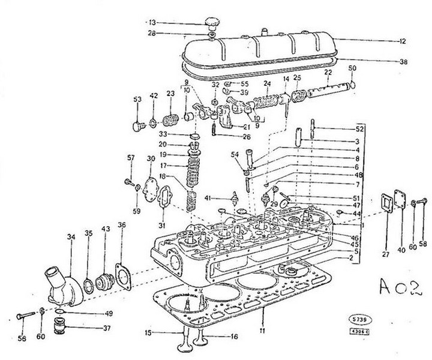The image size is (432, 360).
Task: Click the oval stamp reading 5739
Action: click(x=356, y=320)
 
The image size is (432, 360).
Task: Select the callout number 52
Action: click(x=360, y=129)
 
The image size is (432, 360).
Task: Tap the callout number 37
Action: click(x=107, y=328)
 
